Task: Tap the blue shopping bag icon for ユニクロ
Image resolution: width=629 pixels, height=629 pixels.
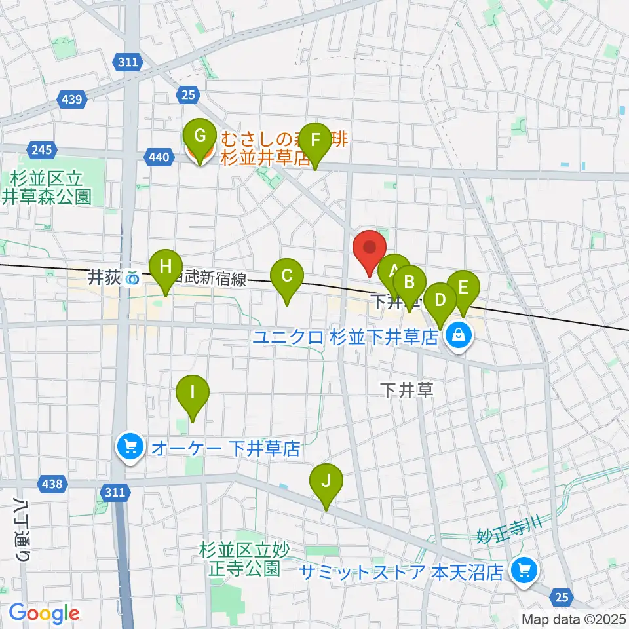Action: coord(461,337)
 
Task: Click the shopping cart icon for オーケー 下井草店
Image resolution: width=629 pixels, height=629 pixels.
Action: coord(130,448)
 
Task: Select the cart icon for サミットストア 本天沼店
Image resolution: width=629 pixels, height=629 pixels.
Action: coord(524,571)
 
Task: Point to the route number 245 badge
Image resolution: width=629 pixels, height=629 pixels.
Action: coord(41,150)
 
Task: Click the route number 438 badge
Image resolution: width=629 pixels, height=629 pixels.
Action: coord(52,484)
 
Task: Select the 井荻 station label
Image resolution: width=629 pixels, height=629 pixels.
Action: coord(105,278)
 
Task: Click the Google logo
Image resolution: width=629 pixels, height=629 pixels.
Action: coord(44,613)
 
